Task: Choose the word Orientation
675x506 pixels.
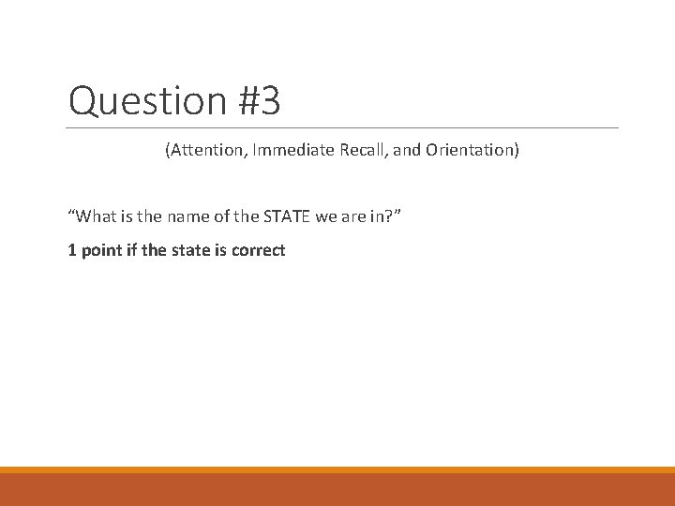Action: tap(466, 150)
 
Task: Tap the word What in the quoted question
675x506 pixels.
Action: tap(96, 217)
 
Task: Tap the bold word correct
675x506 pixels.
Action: tap(258, 250)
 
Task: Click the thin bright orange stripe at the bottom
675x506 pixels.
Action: tap(337, 469)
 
